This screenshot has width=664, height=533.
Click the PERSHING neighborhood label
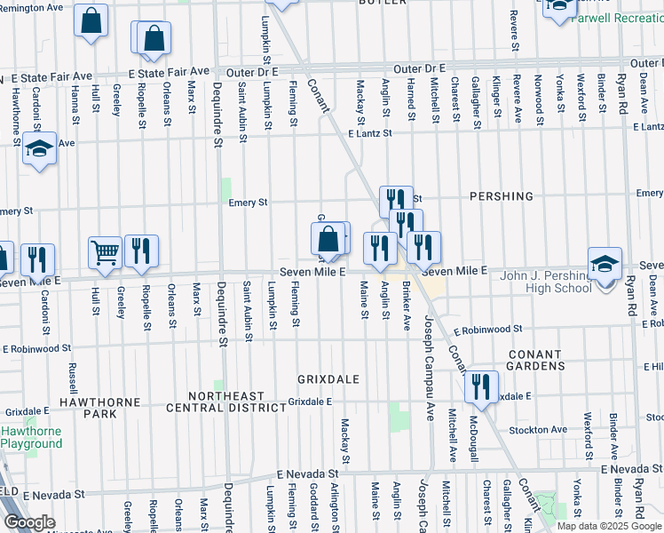pos(502,195)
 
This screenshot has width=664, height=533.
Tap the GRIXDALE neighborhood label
pos(328,379)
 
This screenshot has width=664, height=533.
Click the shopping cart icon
pos(105,252)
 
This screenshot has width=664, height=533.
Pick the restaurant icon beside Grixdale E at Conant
pos(480,386)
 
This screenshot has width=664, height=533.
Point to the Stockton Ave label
pos(538,430)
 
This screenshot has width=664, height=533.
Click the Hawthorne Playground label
pos(30,437)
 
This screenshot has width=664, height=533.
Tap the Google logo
pos(30,522)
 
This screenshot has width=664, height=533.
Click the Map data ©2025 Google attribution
pos(609,525)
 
